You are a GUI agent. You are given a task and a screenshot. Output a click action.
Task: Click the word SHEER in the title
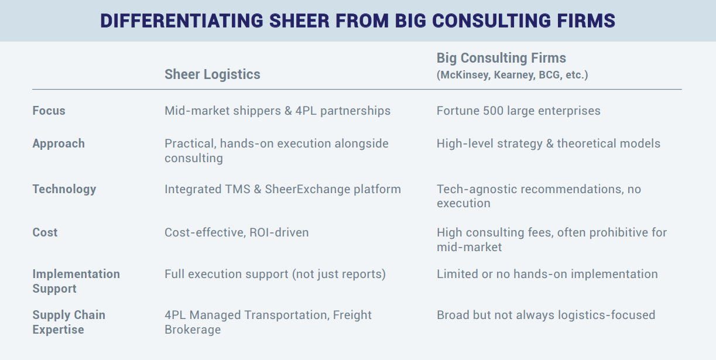(x=299, y=21)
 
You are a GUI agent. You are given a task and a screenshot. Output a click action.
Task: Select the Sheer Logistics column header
(x=213, y=74)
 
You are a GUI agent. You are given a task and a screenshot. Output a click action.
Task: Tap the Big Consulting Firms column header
(x=501, y=58)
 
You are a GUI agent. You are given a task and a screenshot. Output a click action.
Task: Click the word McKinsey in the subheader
(x=465, y=75)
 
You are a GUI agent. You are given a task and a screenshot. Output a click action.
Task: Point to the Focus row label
(x=49, y=111)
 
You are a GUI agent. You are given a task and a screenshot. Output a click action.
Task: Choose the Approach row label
(x=59, y=144)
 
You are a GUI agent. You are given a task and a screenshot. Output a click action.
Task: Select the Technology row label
(x=64, y=189)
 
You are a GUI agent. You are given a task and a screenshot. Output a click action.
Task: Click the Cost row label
(x=44, y=232)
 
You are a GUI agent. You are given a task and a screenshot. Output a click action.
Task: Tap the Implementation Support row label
(x=76, y=282)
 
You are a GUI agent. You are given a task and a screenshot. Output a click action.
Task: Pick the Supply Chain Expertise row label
(x=68, y=323)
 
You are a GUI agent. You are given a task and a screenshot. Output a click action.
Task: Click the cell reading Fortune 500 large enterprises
(x=519, y=111)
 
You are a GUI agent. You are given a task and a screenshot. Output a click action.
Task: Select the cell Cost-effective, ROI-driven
(x=237, y=232)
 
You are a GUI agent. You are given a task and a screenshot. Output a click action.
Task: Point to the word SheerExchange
(x=307, y=189)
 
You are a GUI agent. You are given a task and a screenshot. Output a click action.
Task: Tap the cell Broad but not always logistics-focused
(x=546, y=316)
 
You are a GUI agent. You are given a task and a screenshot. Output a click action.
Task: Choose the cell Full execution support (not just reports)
(x=275, y=275)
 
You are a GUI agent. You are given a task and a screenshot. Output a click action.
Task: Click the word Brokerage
(x=193, y=330)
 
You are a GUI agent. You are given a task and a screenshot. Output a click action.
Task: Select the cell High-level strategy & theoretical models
(x=549, y=144)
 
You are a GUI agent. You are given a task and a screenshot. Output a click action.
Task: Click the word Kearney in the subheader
(x=514, y=75)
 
